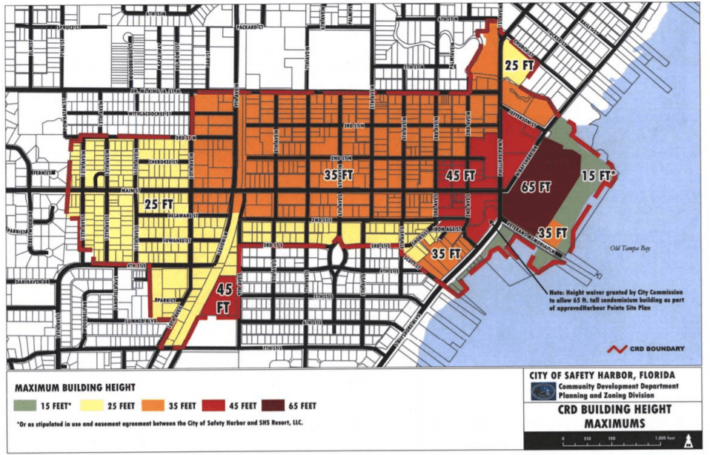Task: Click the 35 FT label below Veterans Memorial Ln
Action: tap(551, 233)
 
